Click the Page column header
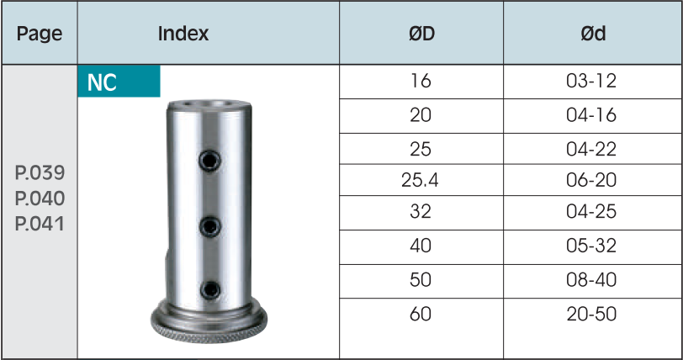pos(40,34)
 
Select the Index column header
pos(183,34)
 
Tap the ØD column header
pos(421,34)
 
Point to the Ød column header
pos(593,34)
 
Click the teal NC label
pos(119,82)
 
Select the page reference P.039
pos(40,172)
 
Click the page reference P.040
pos(40,199)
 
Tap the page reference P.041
pos(40,224)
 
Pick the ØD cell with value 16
pos(421,81)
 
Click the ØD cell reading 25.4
pos(420,180)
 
